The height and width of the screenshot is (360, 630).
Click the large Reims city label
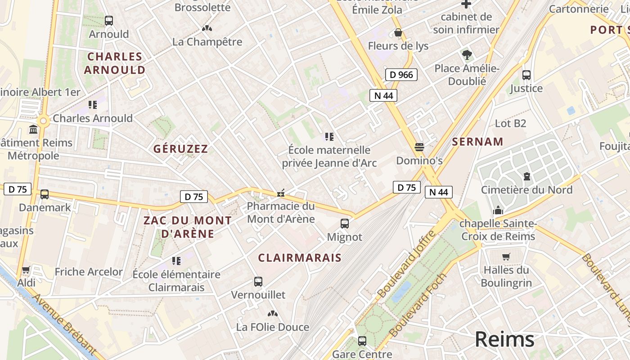(504, 339)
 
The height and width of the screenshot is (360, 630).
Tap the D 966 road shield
(401, 75)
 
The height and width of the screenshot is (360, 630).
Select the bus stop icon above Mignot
(345, 224)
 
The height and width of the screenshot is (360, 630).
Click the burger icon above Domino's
(419, 147)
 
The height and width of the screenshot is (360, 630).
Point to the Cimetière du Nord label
(526, 189)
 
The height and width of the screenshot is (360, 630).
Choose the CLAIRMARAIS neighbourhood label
(300, 258)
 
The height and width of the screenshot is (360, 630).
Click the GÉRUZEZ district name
(180, 149)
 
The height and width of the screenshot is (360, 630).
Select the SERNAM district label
(477, 142)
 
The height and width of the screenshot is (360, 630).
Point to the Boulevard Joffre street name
(407, 264)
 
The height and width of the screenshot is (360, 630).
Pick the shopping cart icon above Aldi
(26, 270)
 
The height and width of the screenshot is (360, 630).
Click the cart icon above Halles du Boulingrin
(506, 257)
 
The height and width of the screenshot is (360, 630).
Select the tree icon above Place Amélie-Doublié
(467, 55)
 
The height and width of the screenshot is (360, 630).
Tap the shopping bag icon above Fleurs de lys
(398, 32)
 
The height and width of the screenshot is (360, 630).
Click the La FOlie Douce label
(273, 327)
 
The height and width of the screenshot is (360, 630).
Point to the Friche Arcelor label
(89, 272)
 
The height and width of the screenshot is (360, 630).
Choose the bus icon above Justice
(526, 75)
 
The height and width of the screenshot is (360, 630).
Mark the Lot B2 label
(510, 123)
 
